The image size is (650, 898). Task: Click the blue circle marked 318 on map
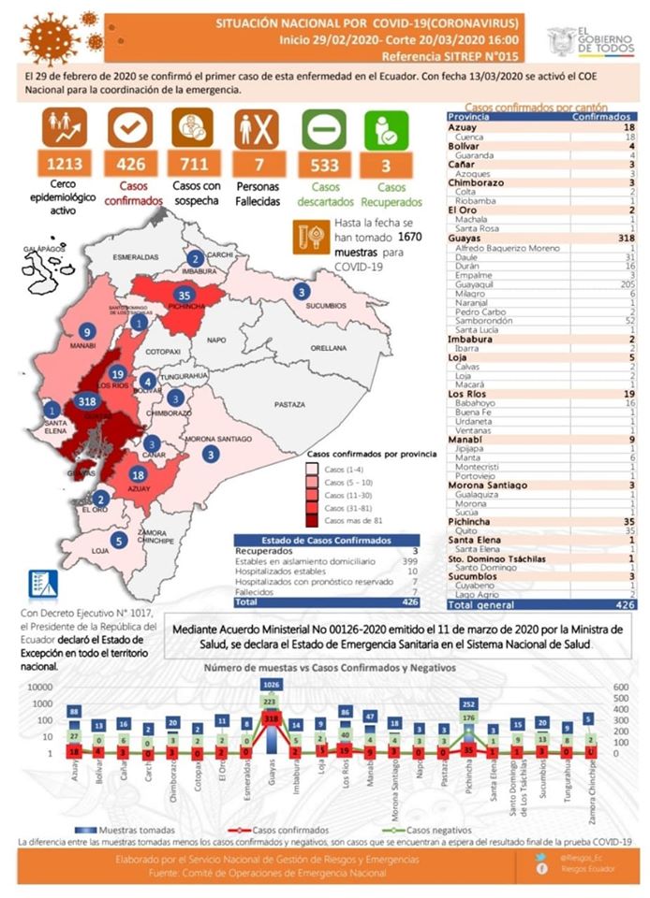pos(88,401)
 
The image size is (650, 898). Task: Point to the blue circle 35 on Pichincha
pos(184,296)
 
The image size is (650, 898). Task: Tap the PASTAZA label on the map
pos(290,405)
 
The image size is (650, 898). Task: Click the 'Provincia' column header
pos(469,117)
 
